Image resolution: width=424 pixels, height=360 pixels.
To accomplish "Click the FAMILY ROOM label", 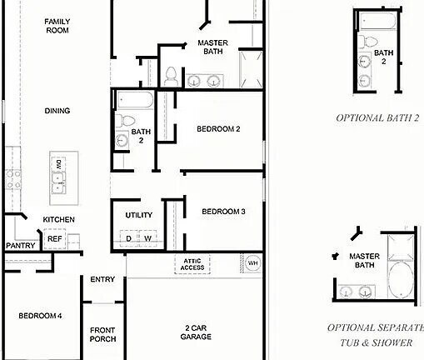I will (x=57, y=26).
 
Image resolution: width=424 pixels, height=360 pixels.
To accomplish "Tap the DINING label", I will (x=57, y=111).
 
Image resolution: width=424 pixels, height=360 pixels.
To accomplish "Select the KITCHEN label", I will (x=58, y=220).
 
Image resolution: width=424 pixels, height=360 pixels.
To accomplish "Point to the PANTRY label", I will (x=19, y=246).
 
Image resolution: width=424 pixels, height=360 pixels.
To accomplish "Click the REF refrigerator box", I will (x=54, y=238).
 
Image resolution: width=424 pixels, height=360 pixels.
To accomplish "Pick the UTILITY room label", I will (x=138, y=215).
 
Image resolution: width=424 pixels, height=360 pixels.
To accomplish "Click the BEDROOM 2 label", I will (x=218, y=129).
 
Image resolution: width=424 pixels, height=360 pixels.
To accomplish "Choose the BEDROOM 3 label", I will (x=223, y=212).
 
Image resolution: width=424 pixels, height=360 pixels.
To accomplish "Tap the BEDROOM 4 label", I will (x=40, y=316).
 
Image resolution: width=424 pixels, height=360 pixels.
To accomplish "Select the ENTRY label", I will (x=102, y=279).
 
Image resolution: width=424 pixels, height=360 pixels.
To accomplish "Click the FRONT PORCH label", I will (x=102, y=334).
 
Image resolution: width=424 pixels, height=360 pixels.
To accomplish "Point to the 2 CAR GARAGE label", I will (x=197, y=332).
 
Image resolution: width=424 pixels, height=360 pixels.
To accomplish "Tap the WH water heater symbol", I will (x=252, y=264).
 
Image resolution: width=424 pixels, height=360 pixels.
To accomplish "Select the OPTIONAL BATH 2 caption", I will (x=377, y=118).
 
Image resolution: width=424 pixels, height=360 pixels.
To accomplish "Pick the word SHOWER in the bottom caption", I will (x=392, y=342).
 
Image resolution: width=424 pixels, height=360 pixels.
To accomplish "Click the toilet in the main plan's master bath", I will (x=170, y=75).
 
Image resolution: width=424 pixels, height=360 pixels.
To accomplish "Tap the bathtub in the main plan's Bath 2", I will (x=135, y=100).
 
